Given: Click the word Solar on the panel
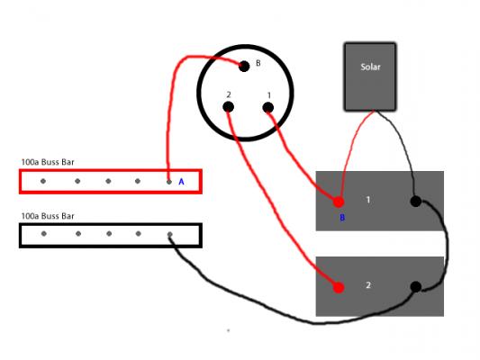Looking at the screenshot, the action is (370, 67).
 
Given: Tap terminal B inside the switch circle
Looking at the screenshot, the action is (244, 66).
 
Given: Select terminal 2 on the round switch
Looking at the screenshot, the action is (229, 107).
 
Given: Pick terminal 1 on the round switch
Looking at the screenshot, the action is (268, 108).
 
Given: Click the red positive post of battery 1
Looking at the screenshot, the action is (339, 202).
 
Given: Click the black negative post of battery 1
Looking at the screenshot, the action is (416, 202).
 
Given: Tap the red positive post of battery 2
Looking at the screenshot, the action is (339, 287).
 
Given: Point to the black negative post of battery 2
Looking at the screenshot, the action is (416, 287).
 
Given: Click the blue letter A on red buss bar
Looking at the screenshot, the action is (181, 182).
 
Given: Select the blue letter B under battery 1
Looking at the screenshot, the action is (342, 218).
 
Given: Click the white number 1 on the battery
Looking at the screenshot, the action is (368, 200).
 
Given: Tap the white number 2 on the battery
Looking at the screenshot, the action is (368, 285).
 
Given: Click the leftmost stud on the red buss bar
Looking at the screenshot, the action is (43, 181).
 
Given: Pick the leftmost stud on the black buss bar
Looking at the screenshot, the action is (44, 234).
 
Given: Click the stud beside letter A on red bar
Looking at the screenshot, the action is (169, 182).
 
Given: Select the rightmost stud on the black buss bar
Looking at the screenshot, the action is (170, 235).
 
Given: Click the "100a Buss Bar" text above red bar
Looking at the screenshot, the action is (48, 162).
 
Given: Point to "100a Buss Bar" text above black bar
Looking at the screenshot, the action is (48, 216).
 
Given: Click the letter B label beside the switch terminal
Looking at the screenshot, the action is (258, 63).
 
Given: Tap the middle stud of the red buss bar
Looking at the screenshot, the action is (108, 181).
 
